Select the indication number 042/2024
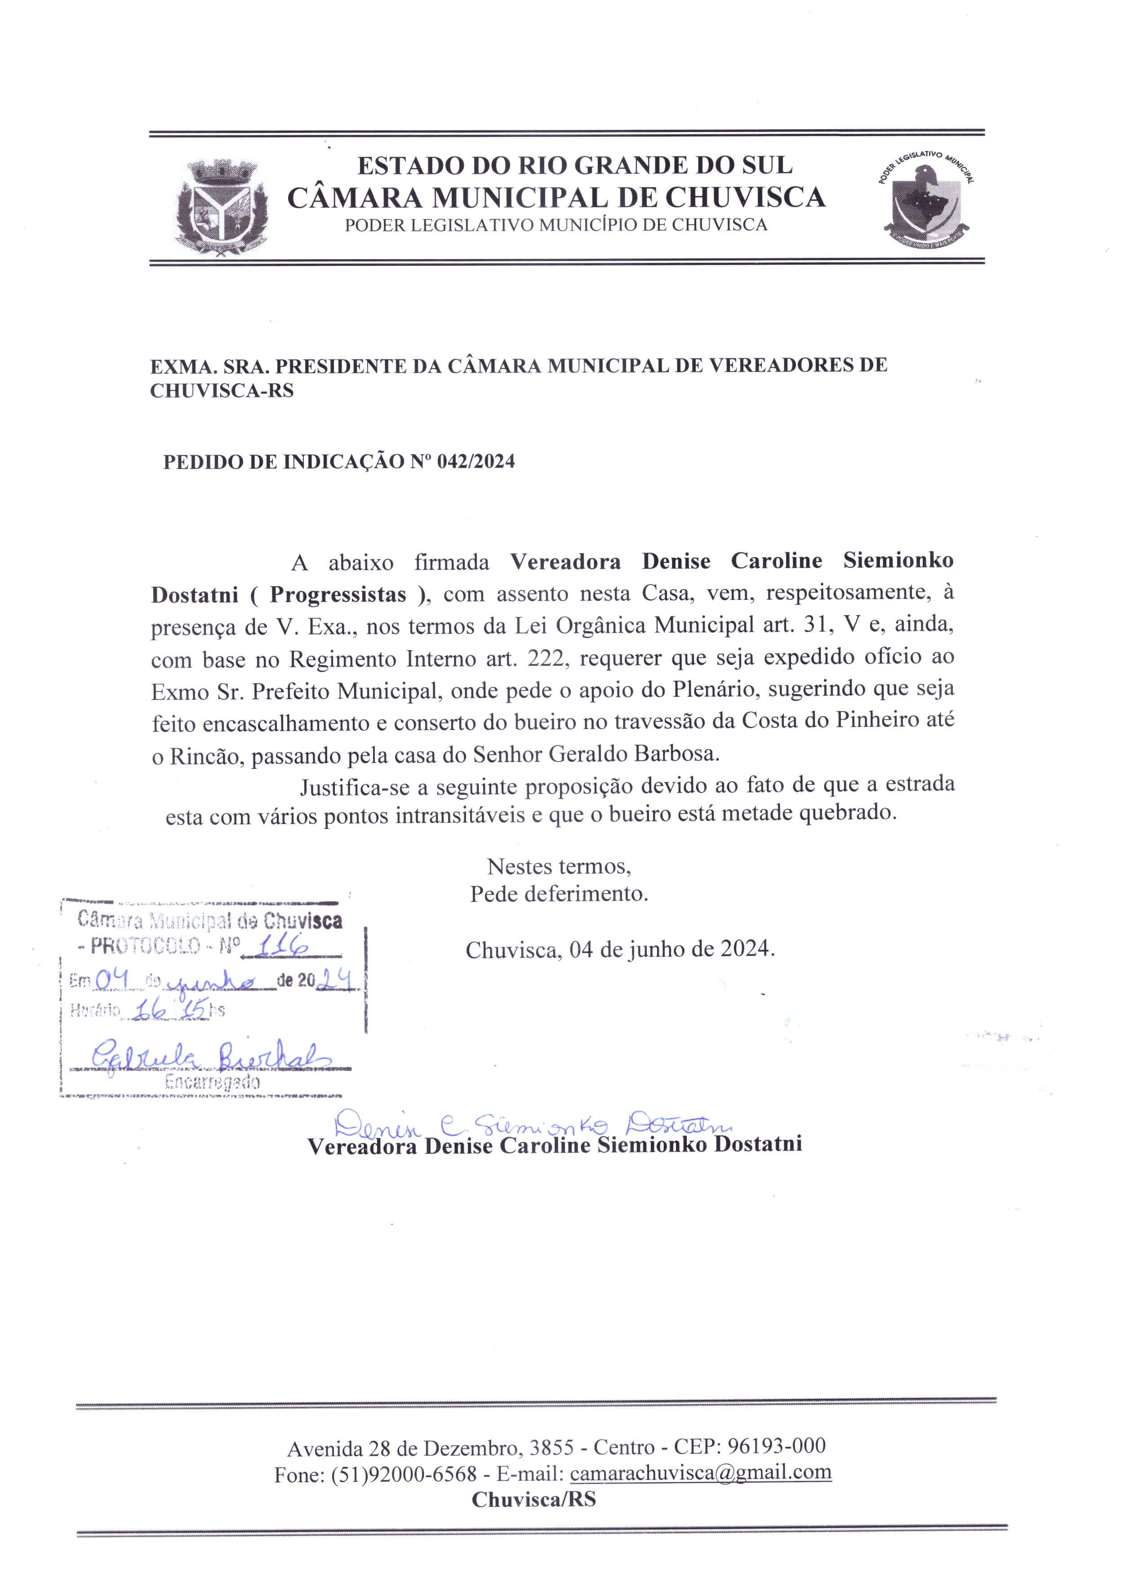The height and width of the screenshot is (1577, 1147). coord(476,462)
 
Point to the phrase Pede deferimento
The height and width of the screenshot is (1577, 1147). coord(559,894)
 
